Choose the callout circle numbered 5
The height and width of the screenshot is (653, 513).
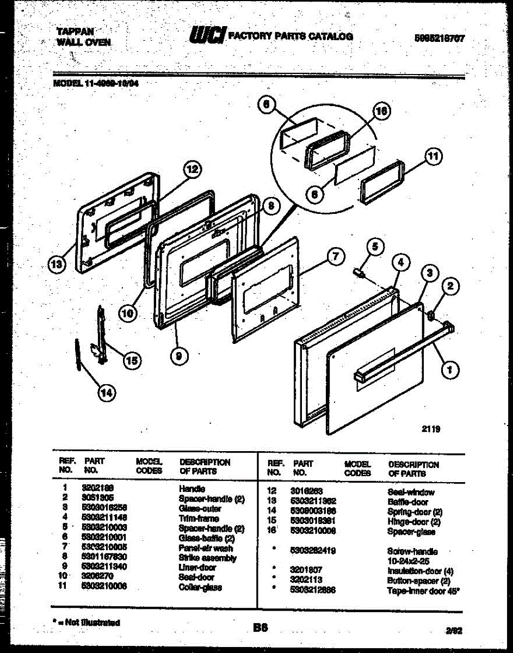[x=374, y=247]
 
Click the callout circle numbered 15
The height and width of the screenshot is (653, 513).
[x=131, y=360]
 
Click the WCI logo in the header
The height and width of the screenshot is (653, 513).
[x=207, y=35]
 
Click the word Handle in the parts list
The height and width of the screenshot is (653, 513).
[x=192, y=489]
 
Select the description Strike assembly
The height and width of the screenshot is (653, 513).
[x=207, y=558]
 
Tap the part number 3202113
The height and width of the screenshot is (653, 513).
[x=306, y=580]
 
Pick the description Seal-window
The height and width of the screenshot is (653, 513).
[x=411, y=492]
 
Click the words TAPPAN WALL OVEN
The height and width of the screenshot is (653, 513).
[x=84, y=36]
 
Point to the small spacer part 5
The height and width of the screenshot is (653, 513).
[x=359, y=271]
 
